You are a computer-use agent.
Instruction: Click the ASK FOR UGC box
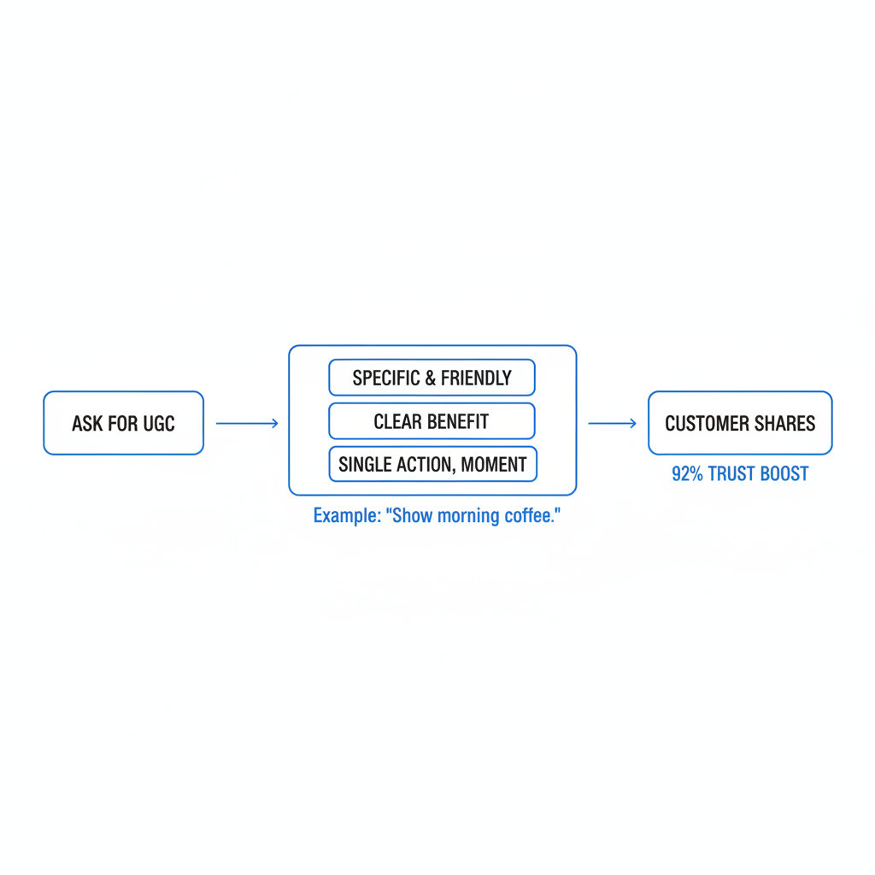click(x=123, y=423)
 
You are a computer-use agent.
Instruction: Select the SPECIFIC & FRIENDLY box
click(x=432, y=378)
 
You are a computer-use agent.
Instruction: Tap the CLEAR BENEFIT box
click(x=432, y=421)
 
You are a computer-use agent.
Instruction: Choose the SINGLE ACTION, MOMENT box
click(x=432, y=464)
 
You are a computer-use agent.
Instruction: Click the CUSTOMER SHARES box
click(x=740, y=423)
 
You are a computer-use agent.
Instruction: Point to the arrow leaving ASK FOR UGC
click(x=247, y=424)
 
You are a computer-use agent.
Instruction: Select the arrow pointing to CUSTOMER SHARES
click(x=612, y=424)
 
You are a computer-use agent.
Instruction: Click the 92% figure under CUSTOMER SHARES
click(x=687, y=473)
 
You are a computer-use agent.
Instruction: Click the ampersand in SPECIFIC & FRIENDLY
click(x=431, y=379)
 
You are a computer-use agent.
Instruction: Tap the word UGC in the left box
click(x=158, y=424)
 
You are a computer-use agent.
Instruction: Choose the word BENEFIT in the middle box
click(x=458, y=421)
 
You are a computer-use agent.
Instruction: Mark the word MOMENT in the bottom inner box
click(x=494, y=464)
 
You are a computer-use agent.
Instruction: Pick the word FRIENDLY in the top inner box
click(x=476, y=379)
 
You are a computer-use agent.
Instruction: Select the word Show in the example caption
click(x=413, y=515)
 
